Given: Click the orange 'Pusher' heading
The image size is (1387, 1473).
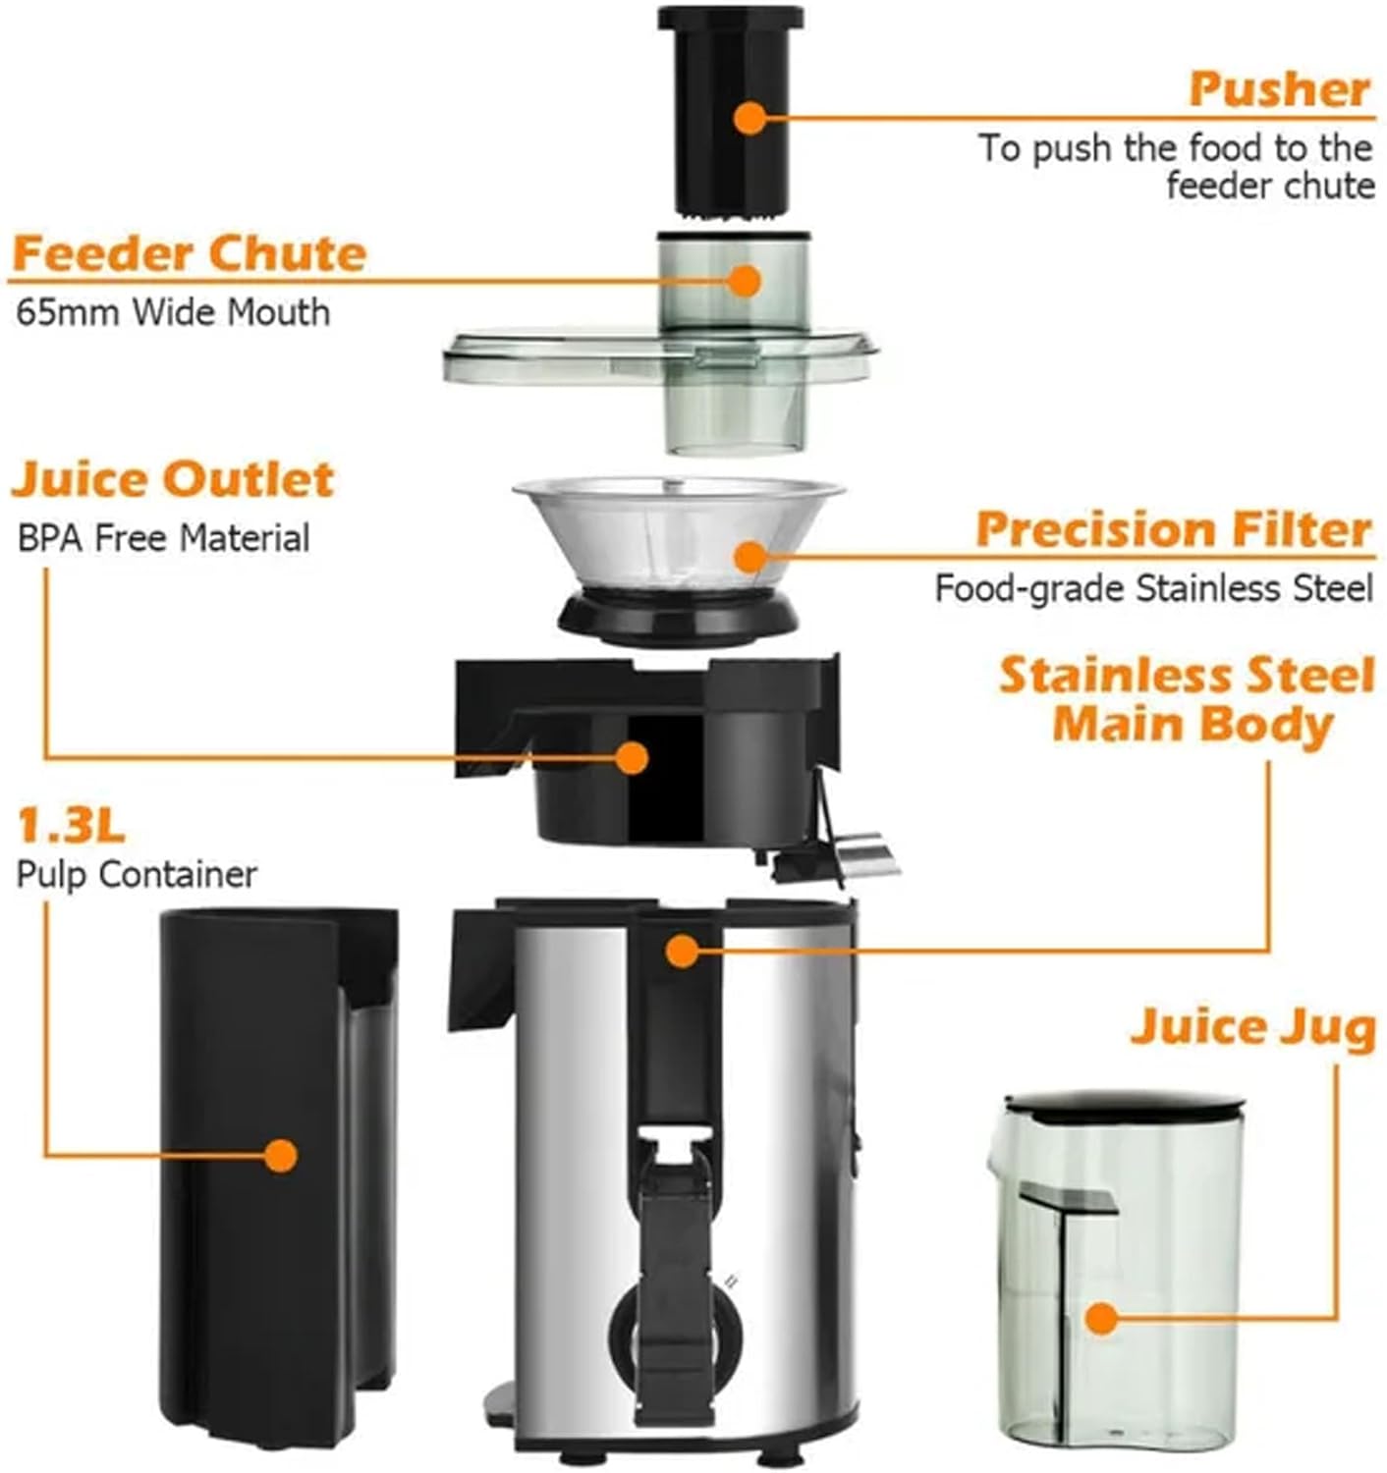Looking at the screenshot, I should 1278,89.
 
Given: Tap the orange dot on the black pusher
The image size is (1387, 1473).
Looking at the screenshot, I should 749,118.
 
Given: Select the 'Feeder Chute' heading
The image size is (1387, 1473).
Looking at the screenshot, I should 189,253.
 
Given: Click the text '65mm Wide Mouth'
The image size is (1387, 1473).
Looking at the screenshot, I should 173,312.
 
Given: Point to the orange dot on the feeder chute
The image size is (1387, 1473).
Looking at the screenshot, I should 746,280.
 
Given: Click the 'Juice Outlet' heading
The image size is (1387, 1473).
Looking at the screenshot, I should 173,479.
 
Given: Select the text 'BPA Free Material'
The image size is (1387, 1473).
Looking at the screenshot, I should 163,538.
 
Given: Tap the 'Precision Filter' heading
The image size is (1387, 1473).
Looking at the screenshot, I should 1173,529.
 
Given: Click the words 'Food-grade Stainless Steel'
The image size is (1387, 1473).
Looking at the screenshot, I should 1153,588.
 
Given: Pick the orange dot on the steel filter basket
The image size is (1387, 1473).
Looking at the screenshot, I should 749,557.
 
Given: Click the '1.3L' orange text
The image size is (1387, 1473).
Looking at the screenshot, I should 71,826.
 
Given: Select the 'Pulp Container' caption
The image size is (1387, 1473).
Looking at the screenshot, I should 137,874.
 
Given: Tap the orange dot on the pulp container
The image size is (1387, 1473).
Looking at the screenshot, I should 281,1155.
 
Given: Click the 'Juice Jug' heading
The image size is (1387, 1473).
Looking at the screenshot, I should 1252,1027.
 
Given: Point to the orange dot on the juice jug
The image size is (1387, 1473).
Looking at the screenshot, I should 1102,1318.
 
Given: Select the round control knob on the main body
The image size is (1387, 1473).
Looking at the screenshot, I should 676,1336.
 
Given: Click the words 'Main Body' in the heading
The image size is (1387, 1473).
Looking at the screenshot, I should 1193,725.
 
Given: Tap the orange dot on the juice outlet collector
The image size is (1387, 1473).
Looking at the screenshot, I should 633,757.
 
